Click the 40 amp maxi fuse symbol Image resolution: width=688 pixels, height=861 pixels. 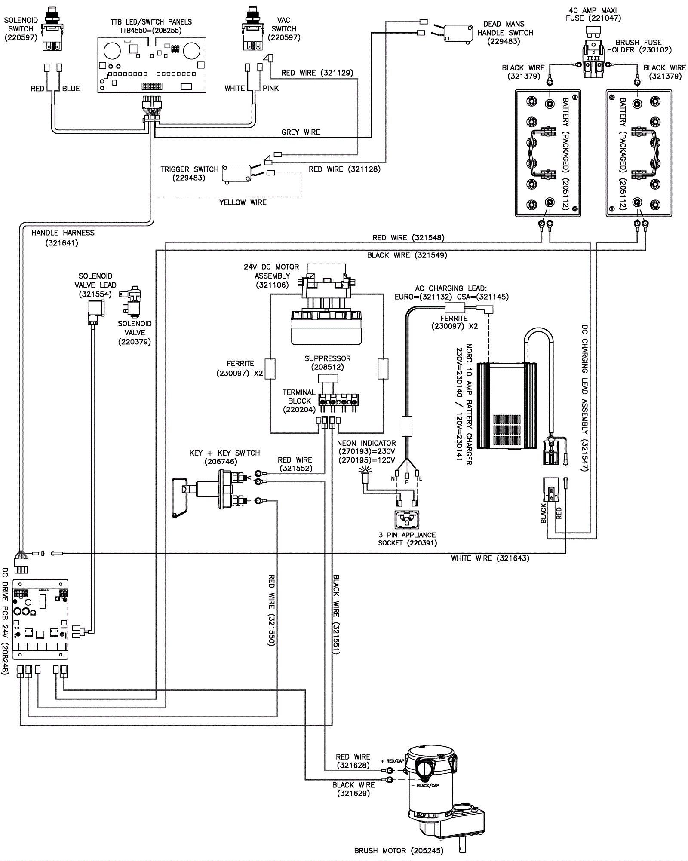(x=594, y=32)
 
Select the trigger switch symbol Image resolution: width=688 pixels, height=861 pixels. (x=236, y=174)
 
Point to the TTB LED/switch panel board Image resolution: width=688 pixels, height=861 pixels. (x=152, y=65)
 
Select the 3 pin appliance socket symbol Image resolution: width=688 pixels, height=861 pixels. (x=406, y=520)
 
